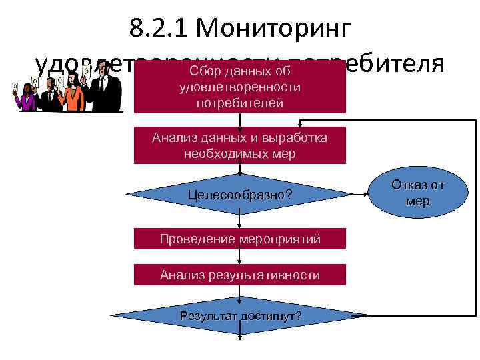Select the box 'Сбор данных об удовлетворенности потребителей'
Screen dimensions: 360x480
click(x=240, y=87)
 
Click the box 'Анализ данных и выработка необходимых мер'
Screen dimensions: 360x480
click(x=240, y=145)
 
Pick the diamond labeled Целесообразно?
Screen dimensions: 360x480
click(x=240, y=196)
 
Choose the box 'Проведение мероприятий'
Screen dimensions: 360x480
click(x=240, y=239)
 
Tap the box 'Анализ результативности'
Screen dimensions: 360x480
click(x=240, y=275)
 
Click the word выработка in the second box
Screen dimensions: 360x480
click(x=297, y=138)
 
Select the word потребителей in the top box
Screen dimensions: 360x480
click(x=240, y=103)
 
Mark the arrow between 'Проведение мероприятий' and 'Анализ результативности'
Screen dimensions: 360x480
click(x=240, y=257)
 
